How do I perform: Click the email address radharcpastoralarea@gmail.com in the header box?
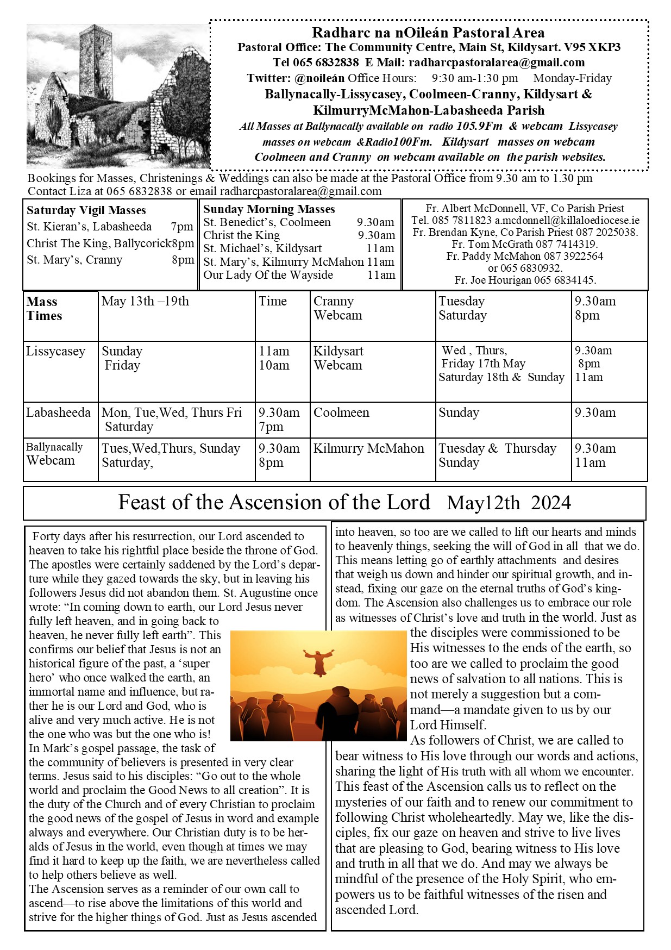[x=497, y=62]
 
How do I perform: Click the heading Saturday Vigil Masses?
[x=86, y=210]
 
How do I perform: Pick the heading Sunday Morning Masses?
[x=269, y=209]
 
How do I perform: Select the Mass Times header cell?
[x=44, y=309]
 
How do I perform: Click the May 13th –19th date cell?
[x=145, y=301]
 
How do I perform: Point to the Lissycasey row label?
[x=55, y=352]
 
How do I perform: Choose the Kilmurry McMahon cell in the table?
[x=368, y=449]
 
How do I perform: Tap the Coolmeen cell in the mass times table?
[x=341, y=412]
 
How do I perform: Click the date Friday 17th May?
[x=483, y=364]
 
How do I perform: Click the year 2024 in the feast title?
[x=551, y=503]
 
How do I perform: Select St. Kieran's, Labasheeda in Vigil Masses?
[x=89, y=227]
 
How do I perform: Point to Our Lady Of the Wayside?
[x=268, y=275]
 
